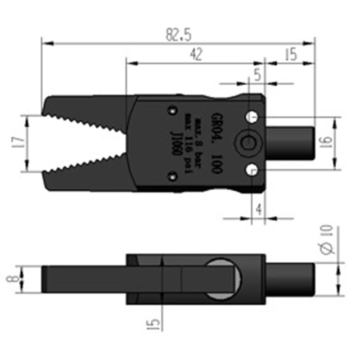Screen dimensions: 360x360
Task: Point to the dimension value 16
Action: (327, 142)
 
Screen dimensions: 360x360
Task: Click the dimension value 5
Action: (257, 75)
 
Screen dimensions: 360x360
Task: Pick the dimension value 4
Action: (258, 209)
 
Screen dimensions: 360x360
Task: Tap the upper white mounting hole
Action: (252, 117)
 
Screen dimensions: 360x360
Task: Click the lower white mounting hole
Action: (252, 170)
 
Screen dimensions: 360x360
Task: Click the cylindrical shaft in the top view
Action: (290, 143)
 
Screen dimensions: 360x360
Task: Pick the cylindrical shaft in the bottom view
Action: (290, 279)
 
